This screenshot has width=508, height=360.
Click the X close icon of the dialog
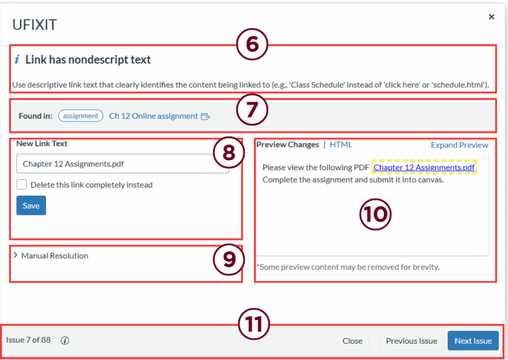tap(492, 16)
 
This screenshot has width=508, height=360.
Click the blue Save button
tap(31, 205)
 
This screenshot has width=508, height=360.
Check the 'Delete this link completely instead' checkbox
tap(22, 185)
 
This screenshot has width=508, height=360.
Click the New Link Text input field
tap(123, 163)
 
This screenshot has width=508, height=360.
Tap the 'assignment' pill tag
tap(81, 116)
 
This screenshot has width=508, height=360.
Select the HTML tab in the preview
tap(341, 144)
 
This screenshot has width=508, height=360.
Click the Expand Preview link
tap(459, 144)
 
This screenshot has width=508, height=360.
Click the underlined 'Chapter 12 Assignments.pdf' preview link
tap(424, 167)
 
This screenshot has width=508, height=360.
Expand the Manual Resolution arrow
tap(15, 255)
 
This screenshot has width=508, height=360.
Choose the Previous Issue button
tap(411, 341)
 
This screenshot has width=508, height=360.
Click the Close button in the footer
tap(352, 341)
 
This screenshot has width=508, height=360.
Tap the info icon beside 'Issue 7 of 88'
tap(65, 341)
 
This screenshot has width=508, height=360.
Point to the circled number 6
tap(252, 44)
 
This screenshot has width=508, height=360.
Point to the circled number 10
tap(375, 215)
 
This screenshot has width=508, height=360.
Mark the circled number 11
tap(254, 324)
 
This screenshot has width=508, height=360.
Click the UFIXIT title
tap(35, 25)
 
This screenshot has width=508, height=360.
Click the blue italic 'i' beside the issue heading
tap(17, 59)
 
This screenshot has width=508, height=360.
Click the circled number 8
tap(229, 152)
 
